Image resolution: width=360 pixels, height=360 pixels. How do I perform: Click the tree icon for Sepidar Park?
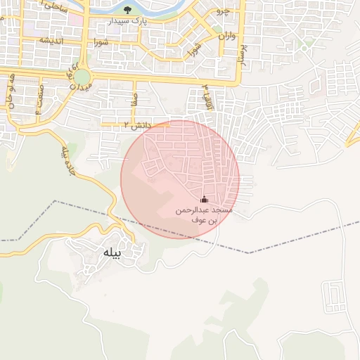[x=127, y=9]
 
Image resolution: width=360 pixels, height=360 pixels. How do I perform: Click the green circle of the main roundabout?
[x=82, y=76]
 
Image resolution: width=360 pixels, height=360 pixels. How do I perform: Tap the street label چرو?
[x=222, y=12]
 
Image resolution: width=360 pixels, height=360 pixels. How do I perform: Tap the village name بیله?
[x=111, y=253]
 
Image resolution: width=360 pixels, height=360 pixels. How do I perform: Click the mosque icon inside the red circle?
[x=205, y=200]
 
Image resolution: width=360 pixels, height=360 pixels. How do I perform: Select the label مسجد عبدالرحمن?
[x=205, y=210]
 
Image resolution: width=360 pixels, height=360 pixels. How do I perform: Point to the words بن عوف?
[x=205, y=220]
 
